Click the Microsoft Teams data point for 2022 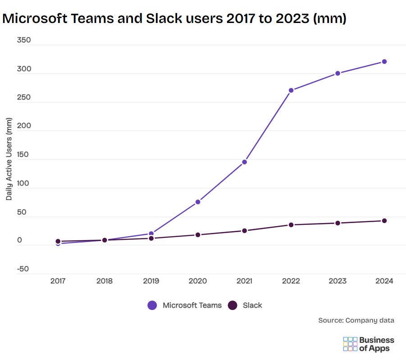click(x=291, y=90)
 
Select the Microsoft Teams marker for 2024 click(x=384, y=62)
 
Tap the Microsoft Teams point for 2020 click(x=198, y=202)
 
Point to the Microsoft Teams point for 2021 click(x=244, y=162)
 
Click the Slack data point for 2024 click(x=384, y=221)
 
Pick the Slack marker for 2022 click(x=291, y=225)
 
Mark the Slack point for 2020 click(x=198, y=235)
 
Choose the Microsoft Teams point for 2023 click(x=338, y=73)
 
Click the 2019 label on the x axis click(x=151, y=281)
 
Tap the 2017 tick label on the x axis click(x=58, y=281)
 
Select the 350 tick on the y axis click(x=23, y=40)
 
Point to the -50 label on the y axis click(x=23, y=269)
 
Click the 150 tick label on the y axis click(x=23, y=155)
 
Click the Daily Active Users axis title click(x=9, y=160)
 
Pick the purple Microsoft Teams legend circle click(x=152, y=305)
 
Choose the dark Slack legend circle click(x=233, y=305)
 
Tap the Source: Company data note click(x=356, y=320)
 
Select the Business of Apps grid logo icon click(x=350, y=344)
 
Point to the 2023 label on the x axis click(x=338, y=281)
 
